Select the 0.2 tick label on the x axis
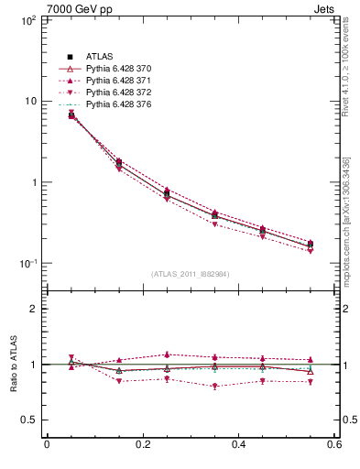[x=142, y=444]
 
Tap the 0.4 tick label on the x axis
[x=238, y=444]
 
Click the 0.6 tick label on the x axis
[x=333, y=444]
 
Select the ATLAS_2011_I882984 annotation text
[x=191, y=274]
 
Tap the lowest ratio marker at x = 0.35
[x=214, y=387]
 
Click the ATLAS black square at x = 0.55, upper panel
[x=310, y=244]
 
